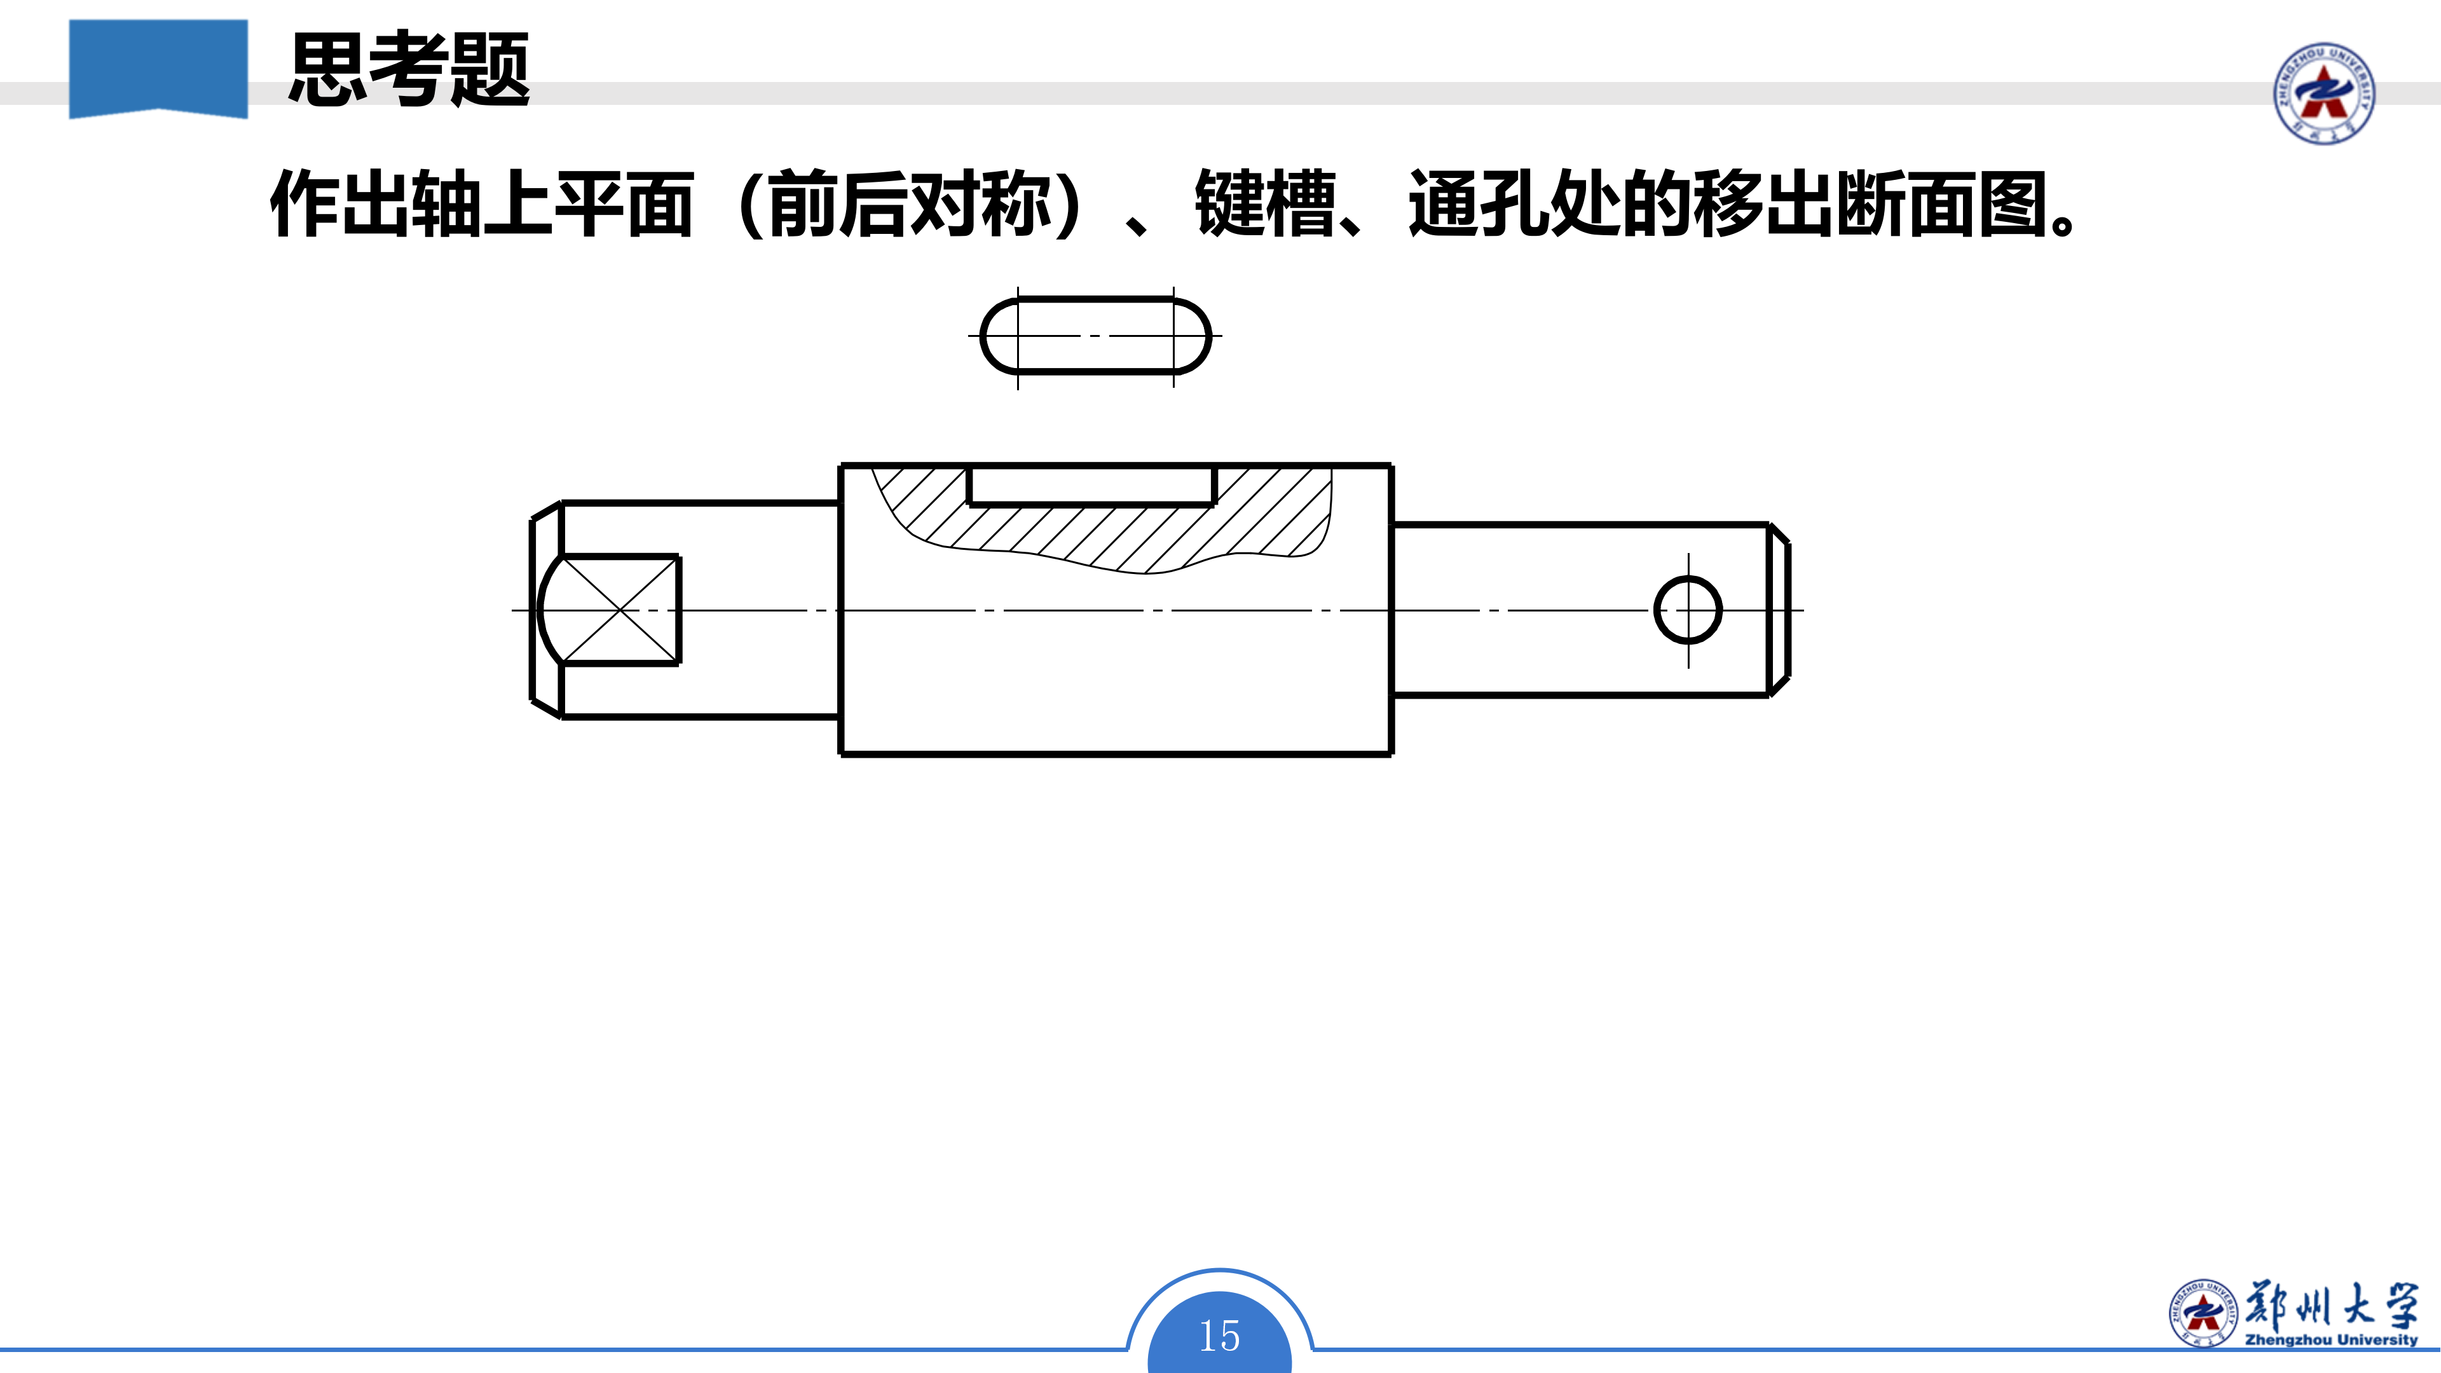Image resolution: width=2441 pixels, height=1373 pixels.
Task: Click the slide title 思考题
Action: click(409, 68)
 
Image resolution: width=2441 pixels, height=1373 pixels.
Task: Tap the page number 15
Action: click(1220, 1336)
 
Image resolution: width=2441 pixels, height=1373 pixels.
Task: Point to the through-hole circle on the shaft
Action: click(1688, 610)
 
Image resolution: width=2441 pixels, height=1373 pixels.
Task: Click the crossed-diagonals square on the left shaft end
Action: click(620, 610)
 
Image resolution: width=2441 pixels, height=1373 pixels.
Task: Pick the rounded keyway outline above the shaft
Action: click(1095, 336)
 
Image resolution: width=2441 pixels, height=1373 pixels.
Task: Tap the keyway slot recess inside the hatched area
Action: click(1091, 484)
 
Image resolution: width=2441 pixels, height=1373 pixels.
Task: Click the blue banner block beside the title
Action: click(158, 68)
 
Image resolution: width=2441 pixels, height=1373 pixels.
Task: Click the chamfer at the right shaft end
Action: click(1779, 610)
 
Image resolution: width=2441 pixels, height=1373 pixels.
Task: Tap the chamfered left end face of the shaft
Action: click(546, 610)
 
